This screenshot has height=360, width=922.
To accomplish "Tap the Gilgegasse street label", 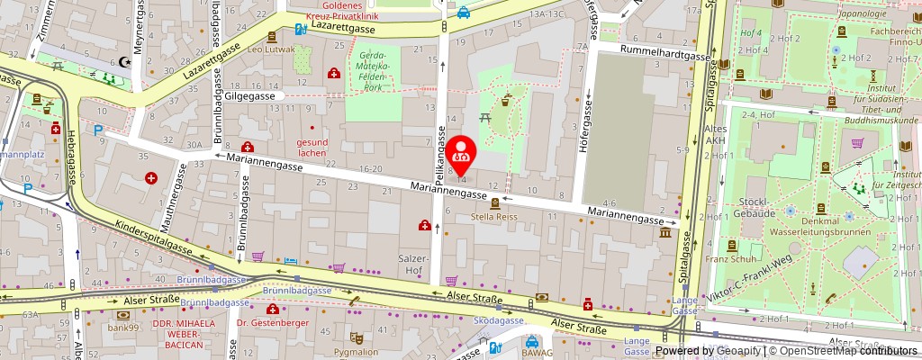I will tap(250, 94).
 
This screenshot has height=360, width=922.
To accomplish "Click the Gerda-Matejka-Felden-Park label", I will tap(372, 76).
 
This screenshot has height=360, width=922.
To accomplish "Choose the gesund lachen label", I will tap(312, 148).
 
